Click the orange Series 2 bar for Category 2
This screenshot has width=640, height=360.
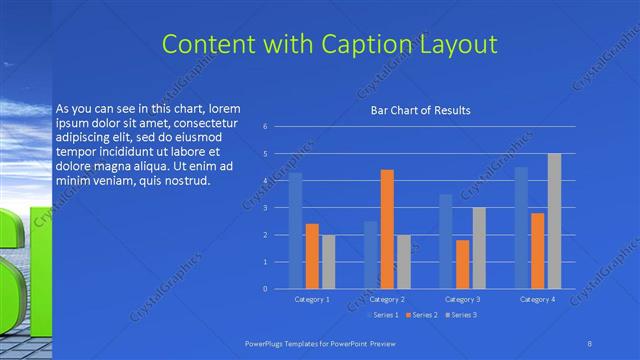point(386,230)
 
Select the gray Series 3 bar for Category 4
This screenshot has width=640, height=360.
point(553,221)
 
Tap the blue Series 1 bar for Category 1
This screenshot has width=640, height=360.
point(295,231)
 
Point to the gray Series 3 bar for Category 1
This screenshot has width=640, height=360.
point(328,262)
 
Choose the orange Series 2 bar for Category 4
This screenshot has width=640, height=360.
point(537,251)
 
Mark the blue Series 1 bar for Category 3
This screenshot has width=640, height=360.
point(446,242)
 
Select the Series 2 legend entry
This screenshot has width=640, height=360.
point(421,315)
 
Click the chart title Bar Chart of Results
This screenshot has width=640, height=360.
point(420,110)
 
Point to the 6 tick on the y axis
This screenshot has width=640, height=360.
point(265,127)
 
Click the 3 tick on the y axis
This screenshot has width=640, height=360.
point(265,208)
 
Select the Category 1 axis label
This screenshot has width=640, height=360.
point(312,299)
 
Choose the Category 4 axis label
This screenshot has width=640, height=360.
point(537,299)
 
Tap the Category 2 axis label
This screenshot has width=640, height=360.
point(387,299)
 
